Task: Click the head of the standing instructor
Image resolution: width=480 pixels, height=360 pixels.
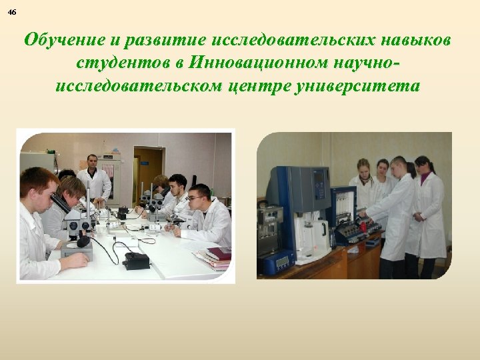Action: click(92, 162)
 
